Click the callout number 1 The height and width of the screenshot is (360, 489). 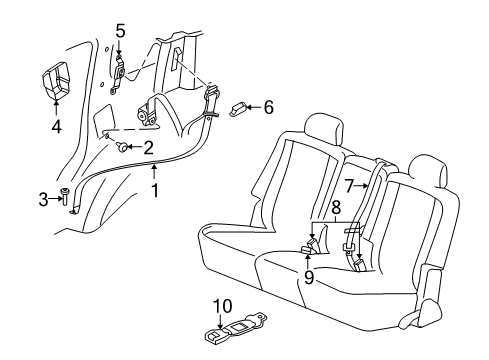(155, 191)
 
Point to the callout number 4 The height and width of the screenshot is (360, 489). (56, 127)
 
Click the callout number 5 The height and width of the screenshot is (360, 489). (120, 30)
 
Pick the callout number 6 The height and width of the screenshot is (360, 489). (267, 107)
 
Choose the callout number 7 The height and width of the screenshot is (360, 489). (348, 185)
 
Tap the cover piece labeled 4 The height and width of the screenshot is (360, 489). (55, 80)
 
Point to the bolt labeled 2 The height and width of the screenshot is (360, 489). (122, 147)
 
